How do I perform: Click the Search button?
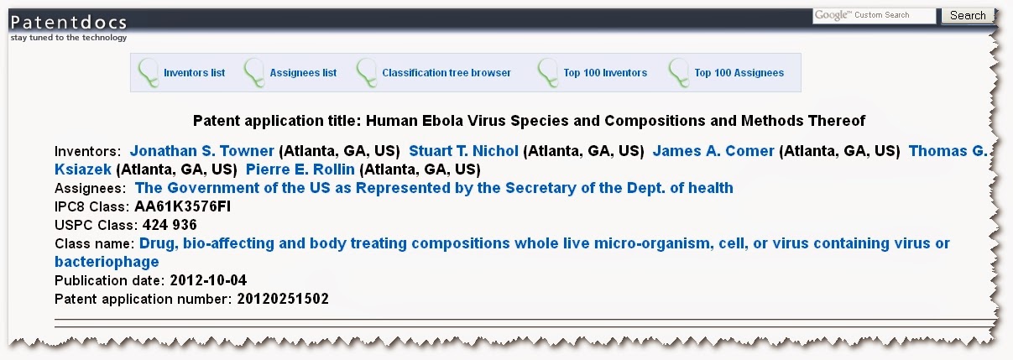(x=968, y=16)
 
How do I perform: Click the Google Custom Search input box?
(x=875, y=15)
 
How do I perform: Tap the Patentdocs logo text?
(x=69, y=23)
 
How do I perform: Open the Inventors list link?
(x=194, y=73)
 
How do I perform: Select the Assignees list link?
(x=303, y=73)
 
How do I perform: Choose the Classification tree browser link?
(x=446, y=73)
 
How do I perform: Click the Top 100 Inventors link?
(x=605, y=73)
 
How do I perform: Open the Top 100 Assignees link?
(x=739, y=73)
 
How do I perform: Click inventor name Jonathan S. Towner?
(x=201, y=150)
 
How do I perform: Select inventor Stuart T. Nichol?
(x=463, y=150)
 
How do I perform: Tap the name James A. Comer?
(x=713, y=150)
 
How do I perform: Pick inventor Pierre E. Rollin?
(x=300, y=170)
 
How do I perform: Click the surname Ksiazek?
(x=83, y=170)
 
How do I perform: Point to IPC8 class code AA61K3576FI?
(x=183, y=206)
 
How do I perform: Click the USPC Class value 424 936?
(x=170, y=225)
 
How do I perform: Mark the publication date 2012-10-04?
(x=208, y=280)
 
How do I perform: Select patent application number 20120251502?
(x=283, y=299)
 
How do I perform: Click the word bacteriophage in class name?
(x=107, y=262)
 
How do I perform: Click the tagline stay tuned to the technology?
(x=69, y=38)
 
